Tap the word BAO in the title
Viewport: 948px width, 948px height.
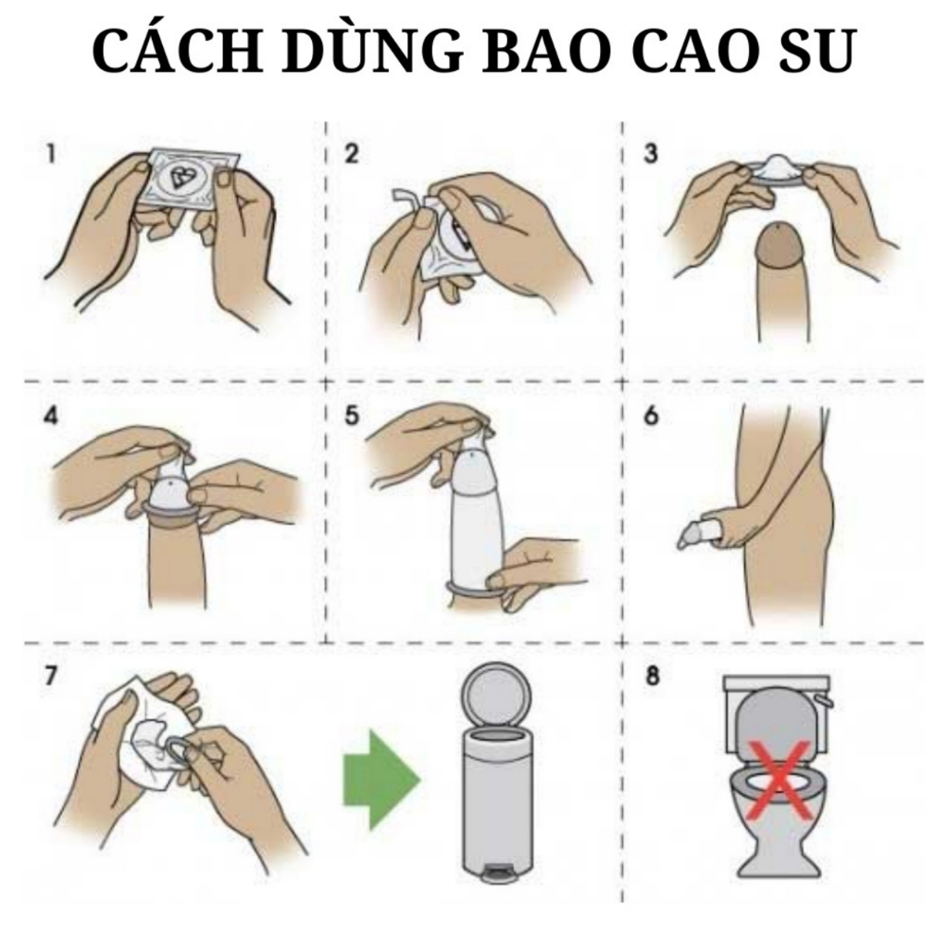[547, 51]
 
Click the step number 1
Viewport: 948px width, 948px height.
[52, 154]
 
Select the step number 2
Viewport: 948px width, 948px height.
[351, 154]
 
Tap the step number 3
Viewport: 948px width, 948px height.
[651, 154]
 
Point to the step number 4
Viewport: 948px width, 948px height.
[52, 416]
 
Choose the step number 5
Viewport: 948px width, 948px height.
[351, 416]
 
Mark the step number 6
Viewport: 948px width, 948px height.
[651, 416]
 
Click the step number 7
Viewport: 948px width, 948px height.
[52, 675]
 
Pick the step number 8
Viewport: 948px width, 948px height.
[652, 675]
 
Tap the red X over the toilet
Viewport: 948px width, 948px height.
[780, 780]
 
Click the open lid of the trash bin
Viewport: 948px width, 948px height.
[495, 695]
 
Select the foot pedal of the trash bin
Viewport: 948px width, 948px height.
[496, 872]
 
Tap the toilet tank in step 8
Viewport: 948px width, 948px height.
[777, 685]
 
